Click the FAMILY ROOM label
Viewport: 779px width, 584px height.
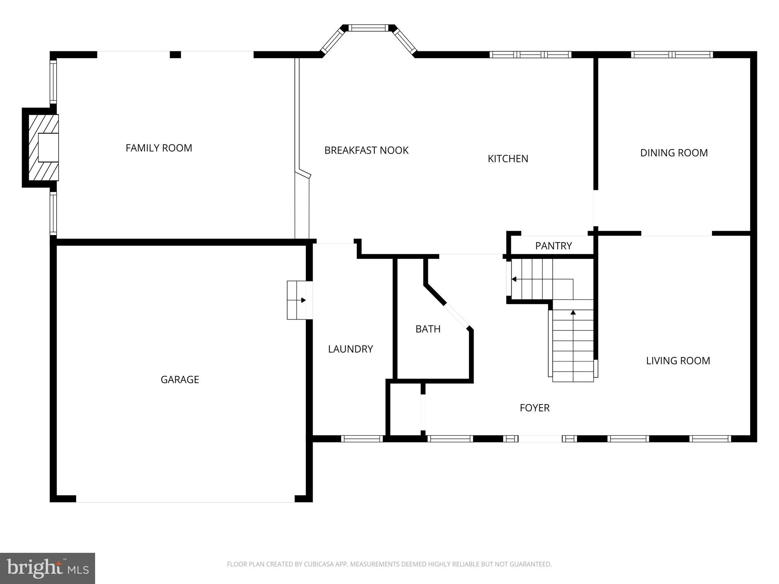pyautogui.click(x=159, y=148)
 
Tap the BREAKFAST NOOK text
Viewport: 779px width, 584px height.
pyautogui.click(x=366, y=151)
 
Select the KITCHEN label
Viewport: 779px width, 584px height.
pyautogui.click(x=508, y=159)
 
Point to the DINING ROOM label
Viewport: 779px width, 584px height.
pyautogui.click(x=674, y=153)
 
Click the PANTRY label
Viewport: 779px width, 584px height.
pyautogui.click(x=553, y=246)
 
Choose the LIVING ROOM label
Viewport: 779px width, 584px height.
pyautogui.click(x=678, y=361)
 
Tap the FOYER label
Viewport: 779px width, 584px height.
pyautogui.click(x=534, y=408)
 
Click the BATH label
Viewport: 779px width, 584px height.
pyautogui.click(x=428, y=329)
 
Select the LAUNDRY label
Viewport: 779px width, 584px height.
pyautogui.click(x=350, y=349)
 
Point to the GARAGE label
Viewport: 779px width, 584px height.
pyautogui.click(x=180, y=379)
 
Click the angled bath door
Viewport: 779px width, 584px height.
pyautogui.click(x=456, y=316)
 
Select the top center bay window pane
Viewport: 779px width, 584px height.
pyautogui.click(x=368, y=28)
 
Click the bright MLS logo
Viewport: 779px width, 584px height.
pyautogui.click(x=48, y=568)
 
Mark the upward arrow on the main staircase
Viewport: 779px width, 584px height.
pyautogui.click(x=573, y=313)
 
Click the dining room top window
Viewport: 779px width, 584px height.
pyautogui.click(x=672, y=55)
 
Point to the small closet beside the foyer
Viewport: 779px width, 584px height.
pyautogui.click(x=405, y=409)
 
